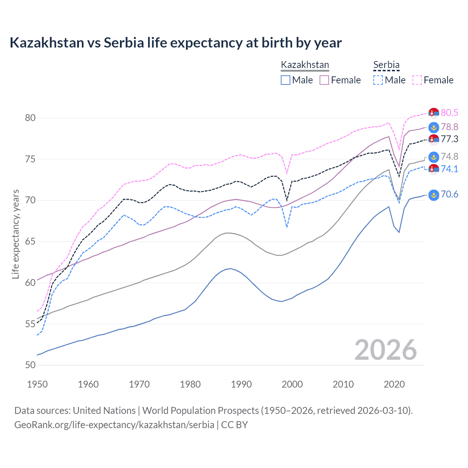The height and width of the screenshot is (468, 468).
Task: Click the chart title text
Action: click(x=175, y=43)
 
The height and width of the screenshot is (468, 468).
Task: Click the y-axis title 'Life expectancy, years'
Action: click(x=15, y=234)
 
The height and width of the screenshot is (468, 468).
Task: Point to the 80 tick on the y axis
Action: click(x=30, y=118)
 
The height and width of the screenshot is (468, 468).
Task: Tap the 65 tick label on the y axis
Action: click(x=30, y=241)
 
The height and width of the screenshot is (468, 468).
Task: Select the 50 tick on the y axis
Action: click(x=30, y=365)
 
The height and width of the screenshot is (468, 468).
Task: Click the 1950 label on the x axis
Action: click(x=37, y=384)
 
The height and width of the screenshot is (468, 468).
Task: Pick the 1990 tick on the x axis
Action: click(x=241, y=384)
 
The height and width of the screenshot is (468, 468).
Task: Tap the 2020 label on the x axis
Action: click(x=394, y=384)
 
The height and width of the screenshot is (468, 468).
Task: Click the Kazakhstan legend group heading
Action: click(x=305, y=65)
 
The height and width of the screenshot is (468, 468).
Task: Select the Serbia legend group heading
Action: click(x=386, y=65)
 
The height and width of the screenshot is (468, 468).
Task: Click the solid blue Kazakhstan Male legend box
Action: click(x=286, y=80)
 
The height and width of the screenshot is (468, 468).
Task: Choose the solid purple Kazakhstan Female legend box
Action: click(x=324, y=80)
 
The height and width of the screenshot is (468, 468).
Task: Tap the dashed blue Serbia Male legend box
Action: click(x=378, y=80)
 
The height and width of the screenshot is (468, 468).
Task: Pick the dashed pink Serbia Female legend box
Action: click(x=417, y=80)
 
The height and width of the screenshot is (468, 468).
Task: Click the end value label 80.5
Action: click(x=449, y=113)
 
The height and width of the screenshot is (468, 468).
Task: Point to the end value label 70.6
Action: click(x=449, y=195)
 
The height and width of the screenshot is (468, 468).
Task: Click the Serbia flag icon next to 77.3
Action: click(x=434, y=139)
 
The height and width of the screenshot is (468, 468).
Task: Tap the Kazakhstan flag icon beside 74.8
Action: click(x=434, y=157)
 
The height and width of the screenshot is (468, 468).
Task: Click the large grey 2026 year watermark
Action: click(x=386, y=350)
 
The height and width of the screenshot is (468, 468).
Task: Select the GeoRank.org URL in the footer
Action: click(x=114, y=425)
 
